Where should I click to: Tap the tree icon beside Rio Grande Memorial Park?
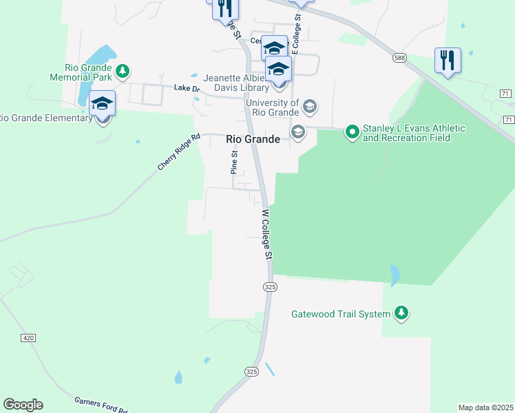pos(122,71)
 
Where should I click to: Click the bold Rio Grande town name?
pos(253,139)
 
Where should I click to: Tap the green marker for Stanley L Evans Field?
pos(352,131)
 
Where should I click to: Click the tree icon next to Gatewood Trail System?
pos(401,314)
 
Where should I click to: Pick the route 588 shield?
pos(399,59)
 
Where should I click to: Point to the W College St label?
pos(267,234)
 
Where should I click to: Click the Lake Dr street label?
pos(186,88)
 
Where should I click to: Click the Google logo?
pos(23,405)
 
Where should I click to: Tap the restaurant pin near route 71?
pos(448,61)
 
